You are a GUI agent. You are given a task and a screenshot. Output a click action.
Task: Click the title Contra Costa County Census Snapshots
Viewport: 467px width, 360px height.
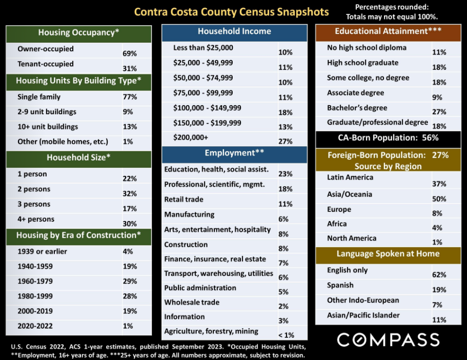tap(231, 12)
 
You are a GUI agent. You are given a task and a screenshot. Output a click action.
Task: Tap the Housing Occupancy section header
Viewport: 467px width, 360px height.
tap(78, 32)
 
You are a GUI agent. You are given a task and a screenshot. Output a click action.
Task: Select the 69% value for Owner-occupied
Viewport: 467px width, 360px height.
tap(130, 54)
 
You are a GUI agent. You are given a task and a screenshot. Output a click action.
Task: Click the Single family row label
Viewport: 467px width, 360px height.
tap(39, 97)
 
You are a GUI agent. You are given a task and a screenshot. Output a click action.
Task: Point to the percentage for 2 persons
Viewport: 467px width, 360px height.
tap(130, 194)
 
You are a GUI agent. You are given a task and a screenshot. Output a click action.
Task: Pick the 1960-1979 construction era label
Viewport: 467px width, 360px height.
tap(35, 282)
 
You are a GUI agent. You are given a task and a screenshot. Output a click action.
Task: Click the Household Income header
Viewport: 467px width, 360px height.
tap(234, 31)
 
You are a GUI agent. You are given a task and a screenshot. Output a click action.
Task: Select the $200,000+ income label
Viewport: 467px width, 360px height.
tap(191, 137)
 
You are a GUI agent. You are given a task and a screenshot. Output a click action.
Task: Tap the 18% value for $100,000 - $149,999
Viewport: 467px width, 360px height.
tap(286, 113)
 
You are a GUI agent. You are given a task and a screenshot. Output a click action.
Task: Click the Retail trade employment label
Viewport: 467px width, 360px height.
tap(184, 199)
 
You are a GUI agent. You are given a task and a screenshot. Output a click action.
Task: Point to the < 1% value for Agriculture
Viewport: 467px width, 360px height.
tap(286, 335)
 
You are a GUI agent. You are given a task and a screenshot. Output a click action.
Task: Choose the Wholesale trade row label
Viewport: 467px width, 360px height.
tap(192, 302)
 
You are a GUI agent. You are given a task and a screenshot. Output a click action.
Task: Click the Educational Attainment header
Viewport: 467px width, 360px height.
tap(388, 31)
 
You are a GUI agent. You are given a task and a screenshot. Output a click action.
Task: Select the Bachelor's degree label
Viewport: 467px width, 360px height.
tap(357, 108)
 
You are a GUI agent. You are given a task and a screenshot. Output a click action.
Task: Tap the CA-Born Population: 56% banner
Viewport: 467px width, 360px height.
tap(388, 137)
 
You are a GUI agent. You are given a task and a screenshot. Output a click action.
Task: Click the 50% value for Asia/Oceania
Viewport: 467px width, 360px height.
tap(439, 199)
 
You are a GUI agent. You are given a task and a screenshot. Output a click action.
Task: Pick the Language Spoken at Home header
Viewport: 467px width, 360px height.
tap(388, 254)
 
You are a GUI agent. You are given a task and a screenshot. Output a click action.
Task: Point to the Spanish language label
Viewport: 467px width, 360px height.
tap(340, 285)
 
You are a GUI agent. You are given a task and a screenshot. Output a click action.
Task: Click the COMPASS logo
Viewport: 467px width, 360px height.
tap(388, 339)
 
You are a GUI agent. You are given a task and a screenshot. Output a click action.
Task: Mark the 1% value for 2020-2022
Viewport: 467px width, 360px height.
tap(128, 326)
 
